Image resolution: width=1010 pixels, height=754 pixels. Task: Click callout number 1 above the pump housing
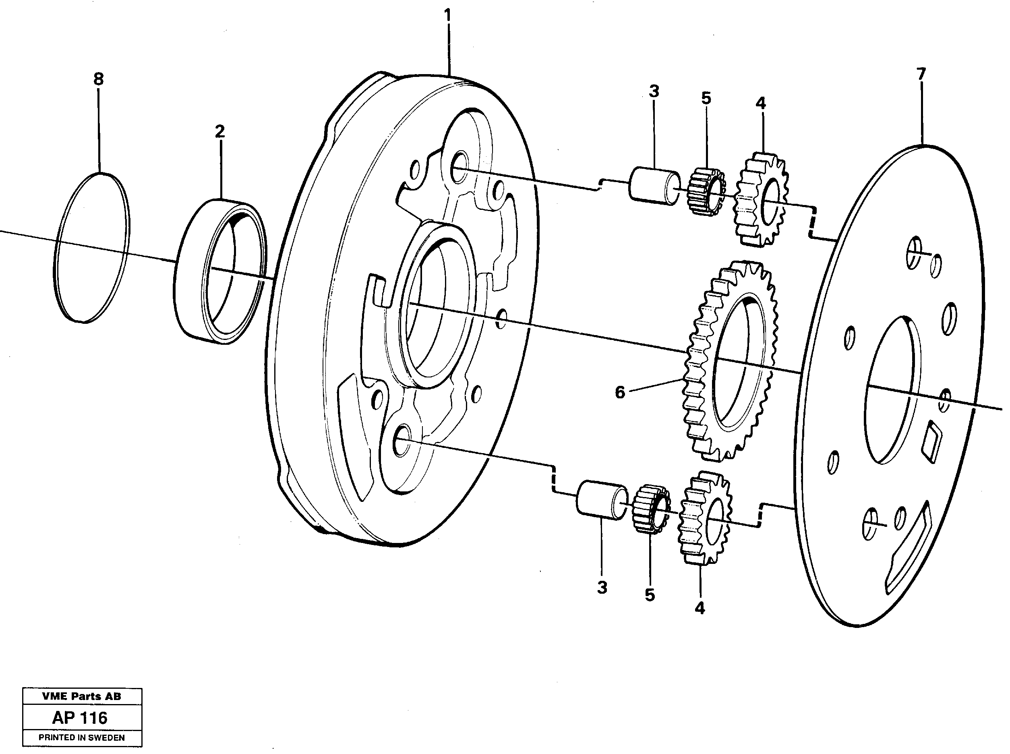(x=447, y=16)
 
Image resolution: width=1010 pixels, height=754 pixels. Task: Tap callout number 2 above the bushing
(x=220, y=132)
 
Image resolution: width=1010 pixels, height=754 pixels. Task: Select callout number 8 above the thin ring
(x=99, y=79)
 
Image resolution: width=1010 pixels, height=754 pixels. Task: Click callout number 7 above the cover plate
(x=921, y=74)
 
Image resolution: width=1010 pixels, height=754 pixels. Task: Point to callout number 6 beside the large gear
(x=619, y=392)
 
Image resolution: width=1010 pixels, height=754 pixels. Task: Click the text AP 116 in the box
(x=80, y=718)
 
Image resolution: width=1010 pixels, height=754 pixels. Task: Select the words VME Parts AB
(x=82, y=696)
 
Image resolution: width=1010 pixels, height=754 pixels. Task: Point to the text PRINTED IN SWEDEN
(x=82, y=737)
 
